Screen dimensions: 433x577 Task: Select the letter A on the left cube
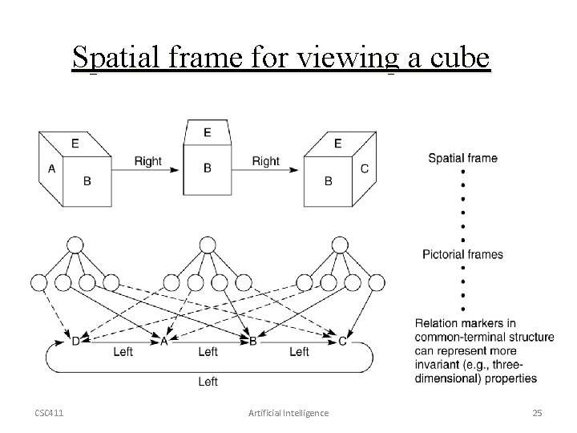51,168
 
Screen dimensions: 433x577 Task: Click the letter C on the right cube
365,168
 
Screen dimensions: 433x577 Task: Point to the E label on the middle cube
208,132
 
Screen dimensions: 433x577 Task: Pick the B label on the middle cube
208,168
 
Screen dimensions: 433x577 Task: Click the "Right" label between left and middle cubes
147,161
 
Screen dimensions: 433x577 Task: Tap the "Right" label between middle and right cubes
266,161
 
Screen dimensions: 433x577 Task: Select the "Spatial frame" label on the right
462,158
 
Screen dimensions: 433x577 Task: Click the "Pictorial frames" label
463,255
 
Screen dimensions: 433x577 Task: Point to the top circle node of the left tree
75,245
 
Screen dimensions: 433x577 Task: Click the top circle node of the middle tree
208,245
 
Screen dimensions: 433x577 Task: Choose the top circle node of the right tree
341,245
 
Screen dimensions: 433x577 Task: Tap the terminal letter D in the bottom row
75,341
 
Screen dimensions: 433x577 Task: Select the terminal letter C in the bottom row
342,341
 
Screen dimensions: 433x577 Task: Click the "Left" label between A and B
208,351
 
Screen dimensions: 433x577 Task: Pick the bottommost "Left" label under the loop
208,382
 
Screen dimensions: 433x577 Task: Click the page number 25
537,413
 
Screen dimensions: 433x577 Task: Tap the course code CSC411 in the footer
50,413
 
